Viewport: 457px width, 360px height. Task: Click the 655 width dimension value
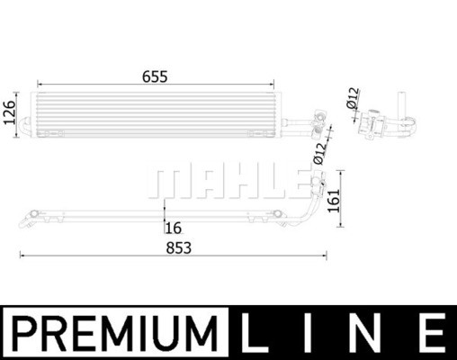coord(155,76)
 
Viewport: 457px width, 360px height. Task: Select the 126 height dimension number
coord(9,112)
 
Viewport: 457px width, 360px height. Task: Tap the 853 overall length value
coord(179,248)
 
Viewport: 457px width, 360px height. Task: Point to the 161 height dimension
coord(334,201)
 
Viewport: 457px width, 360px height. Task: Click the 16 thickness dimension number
coord(174,229)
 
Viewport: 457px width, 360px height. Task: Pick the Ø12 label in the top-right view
coord(353,98)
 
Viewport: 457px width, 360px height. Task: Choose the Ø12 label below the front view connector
coord(319,154)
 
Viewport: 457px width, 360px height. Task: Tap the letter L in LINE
coord(253,333)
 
